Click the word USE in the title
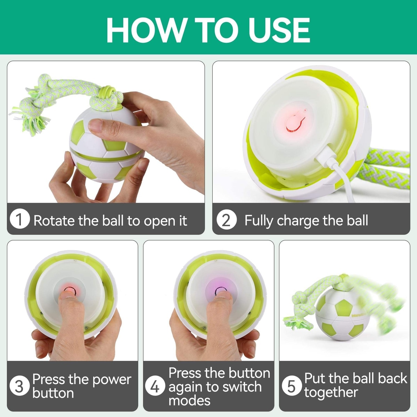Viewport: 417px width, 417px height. [279, 30]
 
